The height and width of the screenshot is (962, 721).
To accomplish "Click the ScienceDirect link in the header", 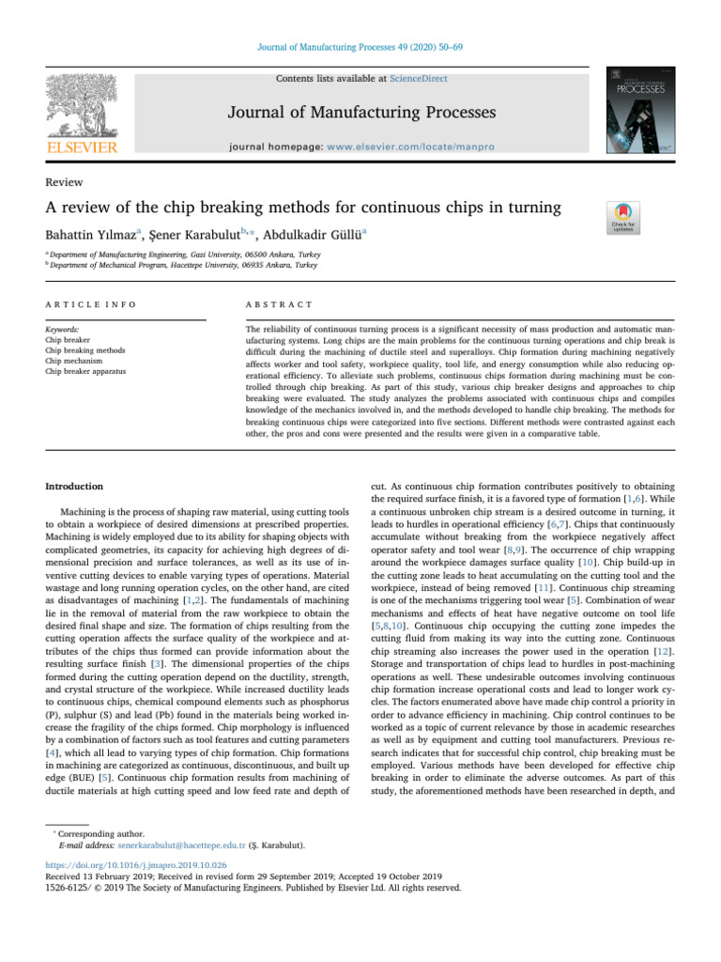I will (420, 79).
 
